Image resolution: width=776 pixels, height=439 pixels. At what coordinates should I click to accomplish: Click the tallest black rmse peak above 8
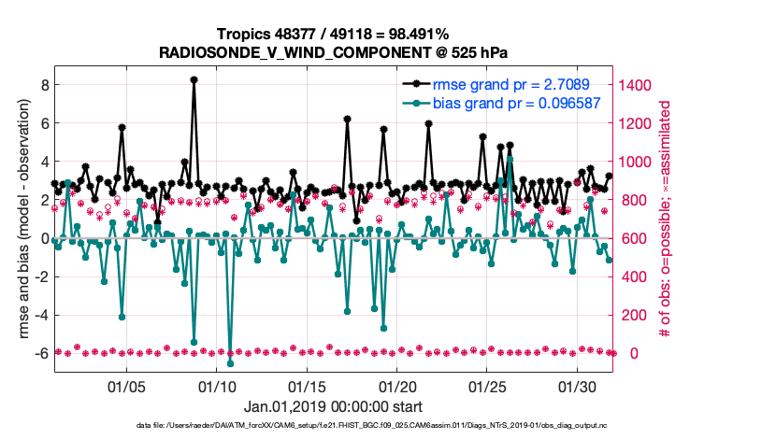[194, 79]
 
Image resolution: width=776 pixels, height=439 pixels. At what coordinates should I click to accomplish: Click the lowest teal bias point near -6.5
[230, 362]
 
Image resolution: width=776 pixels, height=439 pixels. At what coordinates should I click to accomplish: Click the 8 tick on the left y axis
[44, 84]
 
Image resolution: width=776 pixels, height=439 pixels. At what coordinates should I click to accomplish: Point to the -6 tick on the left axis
[41, 353]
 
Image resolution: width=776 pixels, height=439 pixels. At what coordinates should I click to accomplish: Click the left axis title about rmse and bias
[20, 219]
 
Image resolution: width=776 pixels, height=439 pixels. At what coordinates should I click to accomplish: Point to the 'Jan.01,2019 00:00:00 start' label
[333, 407]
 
